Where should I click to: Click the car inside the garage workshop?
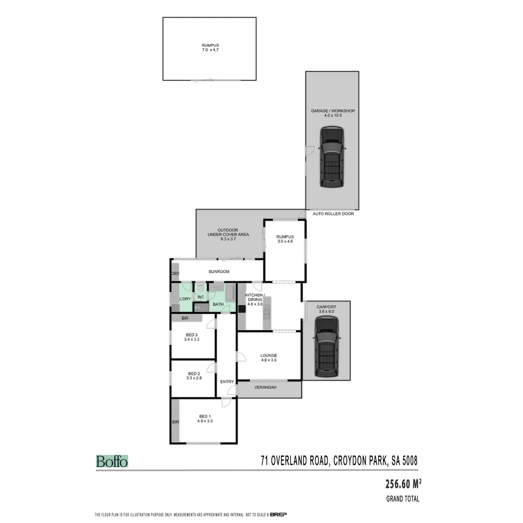point(332,157)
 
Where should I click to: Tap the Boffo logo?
point(112,461)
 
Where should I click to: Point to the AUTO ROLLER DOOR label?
point(333,214)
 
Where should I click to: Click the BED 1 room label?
point(205,416)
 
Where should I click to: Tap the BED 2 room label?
point(194,373)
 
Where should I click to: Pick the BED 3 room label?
point(192,335)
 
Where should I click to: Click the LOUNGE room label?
point(269,356)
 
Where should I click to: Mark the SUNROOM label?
point(219,272)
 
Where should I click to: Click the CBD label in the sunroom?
point(175,274)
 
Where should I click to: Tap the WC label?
point(200,297)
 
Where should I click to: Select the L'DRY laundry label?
point(185,299)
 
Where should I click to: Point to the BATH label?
point(218,305)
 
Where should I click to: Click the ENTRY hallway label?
point(227,382)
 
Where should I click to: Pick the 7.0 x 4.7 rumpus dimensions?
point(210,50)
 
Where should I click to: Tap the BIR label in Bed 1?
point(175,422)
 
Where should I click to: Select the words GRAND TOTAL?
point(402,499)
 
